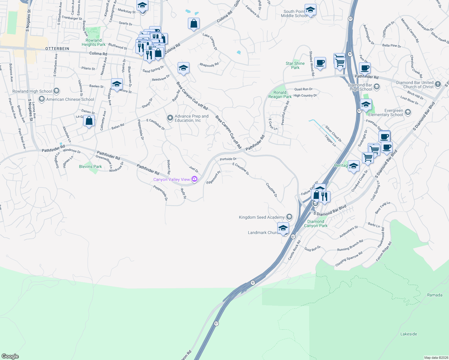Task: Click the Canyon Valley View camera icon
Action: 194,179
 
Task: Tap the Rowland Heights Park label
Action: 94,42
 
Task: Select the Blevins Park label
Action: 90,166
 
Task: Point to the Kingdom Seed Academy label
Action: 262,217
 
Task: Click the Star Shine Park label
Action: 295,65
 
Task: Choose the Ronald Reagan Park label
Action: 280,94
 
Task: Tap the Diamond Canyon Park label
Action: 315,223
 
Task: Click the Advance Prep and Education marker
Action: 170,118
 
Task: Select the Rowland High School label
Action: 32,91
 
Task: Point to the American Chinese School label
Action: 70,99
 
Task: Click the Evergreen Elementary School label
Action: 385,112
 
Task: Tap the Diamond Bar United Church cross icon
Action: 438,84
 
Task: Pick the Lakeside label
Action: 408,334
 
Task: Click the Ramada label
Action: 435,295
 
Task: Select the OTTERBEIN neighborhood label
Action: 57,49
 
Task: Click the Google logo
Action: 10,356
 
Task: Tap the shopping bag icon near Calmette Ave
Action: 89,121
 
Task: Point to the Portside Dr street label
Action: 228,159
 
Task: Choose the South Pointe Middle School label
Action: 294,13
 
